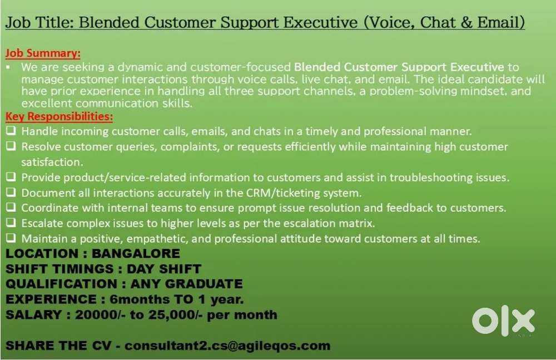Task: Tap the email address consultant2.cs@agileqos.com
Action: click(227, 346)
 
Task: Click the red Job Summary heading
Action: click(43, 53)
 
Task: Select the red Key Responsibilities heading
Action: click(59, 116)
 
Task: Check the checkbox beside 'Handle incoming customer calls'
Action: click(11, 131)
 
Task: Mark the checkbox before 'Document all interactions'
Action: click(11, 192)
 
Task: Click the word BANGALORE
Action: click(136, 254)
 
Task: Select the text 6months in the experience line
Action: click(140, 299)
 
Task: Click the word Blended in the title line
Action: click(109, 23)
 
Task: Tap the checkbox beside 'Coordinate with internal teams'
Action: click(11, 207)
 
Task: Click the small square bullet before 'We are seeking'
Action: click(8, 67)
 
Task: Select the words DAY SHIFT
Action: click(164, 269)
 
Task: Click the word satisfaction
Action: click(52, 162)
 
